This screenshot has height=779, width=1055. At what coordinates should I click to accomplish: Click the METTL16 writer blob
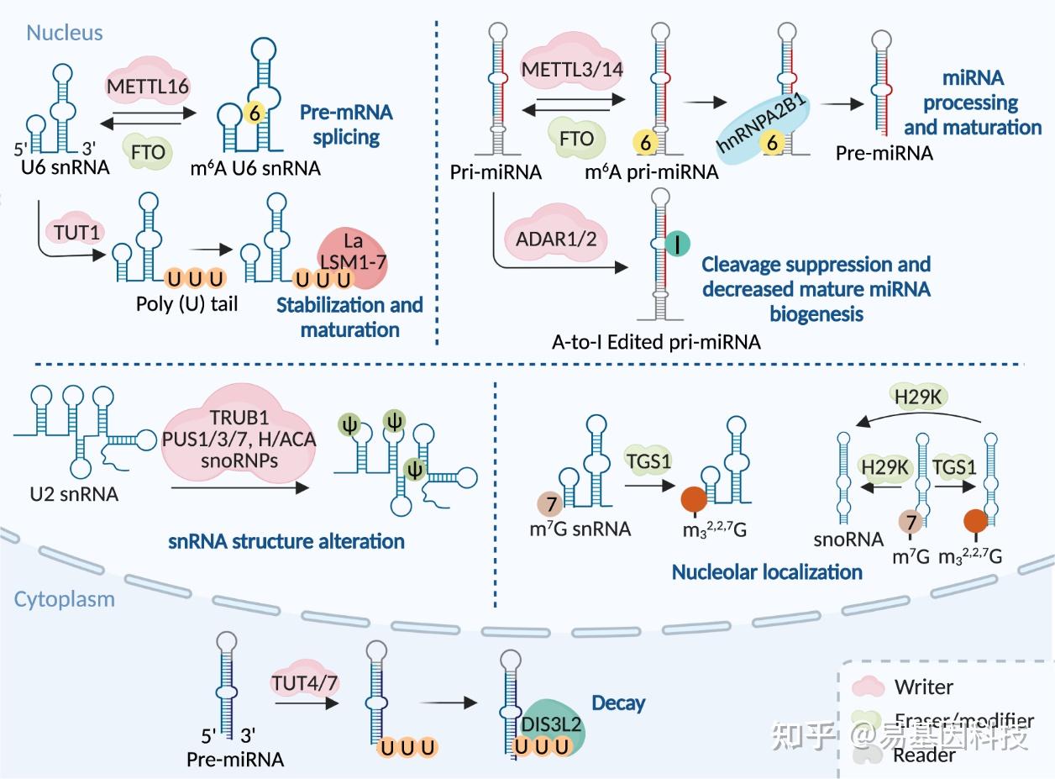(x=148, y=85)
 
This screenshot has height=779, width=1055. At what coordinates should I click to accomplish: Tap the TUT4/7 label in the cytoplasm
(x=304, y=682)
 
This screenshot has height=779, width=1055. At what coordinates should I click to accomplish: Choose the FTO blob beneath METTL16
(x=149, y=152)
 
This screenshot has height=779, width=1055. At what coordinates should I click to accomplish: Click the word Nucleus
(x=65, y=33)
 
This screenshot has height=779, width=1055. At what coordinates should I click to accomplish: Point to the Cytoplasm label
(x=65, y=600)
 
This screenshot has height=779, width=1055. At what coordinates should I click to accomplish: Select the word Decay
(x=618, y=703)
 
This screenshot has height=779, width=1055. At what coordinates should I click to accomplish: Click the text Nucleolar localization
(x=767, y=572)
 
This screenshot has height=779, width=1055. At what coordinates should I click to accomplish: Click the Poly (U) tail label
(x=186, y=303)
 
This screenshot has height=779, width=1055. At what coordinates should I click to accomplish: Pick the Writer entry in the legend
(x=923, y=687)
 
